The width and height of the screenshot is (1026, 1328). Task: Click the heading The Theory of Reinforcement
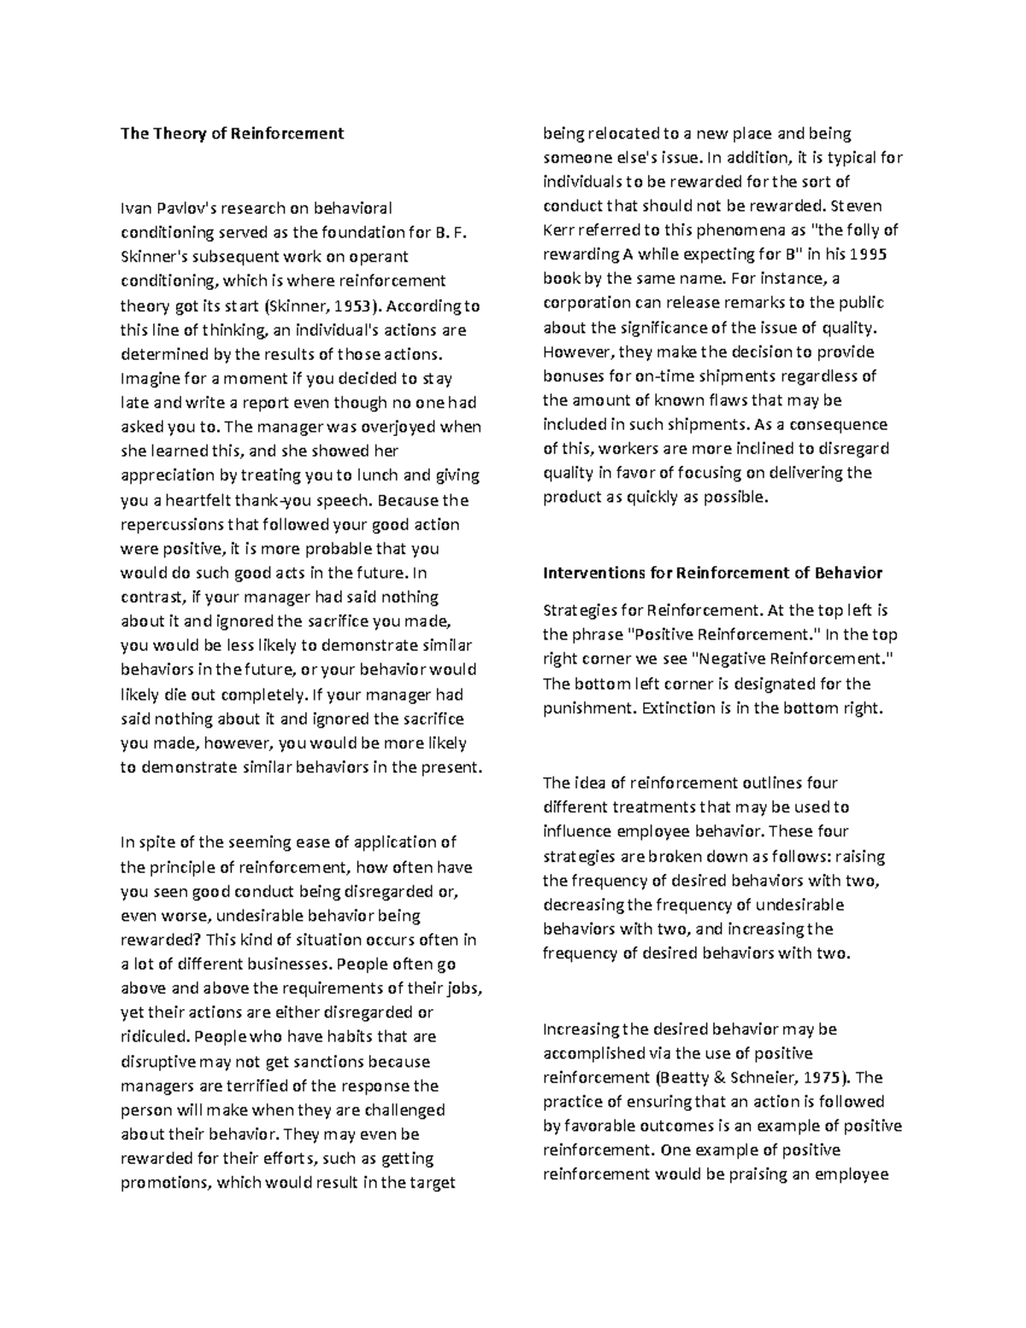232,133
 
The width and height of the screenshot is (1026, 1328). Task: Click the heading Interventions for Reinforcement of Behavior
713,573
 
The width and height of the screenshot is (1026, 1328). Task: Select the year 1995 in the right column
880,254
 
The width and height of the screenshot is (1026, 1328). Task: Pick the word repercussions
172,524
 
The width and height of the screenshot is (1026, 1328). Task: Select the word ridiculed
155,1037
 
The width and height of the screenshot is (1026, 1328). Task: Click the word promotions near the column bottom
166,1183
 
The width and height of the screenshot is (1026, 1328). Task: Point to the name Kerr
558,230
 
